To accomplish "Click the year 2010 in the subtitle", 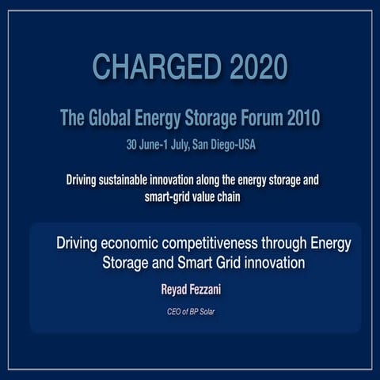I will (304, 120).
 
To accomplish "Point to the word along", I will (218, 180).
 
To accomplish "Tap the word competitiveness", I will (213, 242).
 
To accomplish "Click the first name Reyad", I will (175, 291).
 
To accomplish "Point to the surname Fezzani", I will (211, 291).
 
